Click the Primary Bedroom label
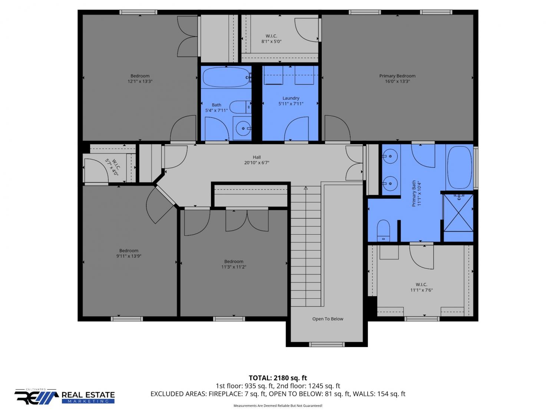click(x=397, y=76)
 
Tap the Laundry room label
click(x=291, y=98)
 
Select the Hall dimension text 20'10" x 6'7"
click(x=257, y=163)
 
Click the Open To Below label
click(x=328, y=319)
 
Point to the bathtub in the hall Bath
click(x=226, y=77)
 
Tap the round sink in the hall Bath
click(x=243, y=128)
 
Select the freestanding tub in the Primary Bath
click(x=460, y=167)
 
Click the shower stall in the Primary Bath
click(x=459, y=213)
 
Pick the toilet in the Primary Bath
click(x=383, y=231)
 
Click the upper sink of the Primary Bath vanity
click(x=390, y=156)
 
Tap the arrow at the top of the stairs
click(x=306, y=188)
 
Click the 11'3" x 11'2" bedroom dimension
click(x=234, y=267)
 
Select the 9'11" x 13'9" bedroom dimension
click(x=129, y=256)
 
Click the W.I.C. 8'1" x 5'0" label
click(x=271, y=39)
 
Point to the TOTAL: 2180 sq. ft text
click(x=278, y=378)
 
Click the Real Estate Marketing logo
click(x=64, y=396)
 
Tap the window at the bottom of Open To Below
click(x=327, y=344)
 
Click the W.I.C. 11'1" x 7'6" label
click(x=421, y=287)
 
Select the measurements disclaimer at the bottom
click(x=278, y=406)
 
